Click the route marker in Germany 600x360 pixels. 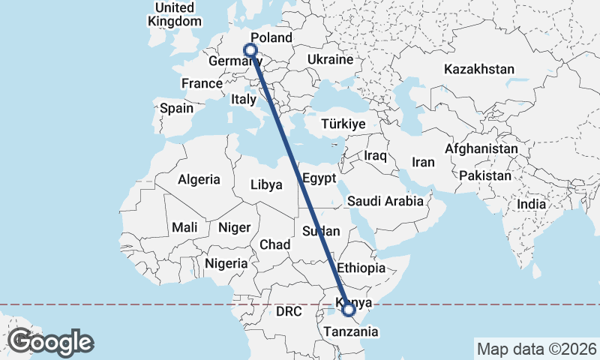tap(250, 51)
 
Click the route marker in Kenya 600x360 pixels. tap(349, 308)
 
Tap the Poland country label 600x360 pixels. tap(271, 38)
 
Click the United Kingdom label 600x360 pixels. tap(175, 14)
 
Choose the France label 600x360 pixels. tap(202, 83)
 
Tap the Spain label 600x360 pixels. tap(176, 108)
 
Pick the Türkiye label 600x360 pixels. tap(343, 124)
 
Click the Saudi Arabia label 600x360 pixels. tap(385, 201)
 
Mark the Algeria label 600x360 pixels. tap(199, 179)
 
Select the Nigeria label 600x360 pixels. tap(226, 263)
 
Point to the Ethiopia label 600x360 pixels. tap(361, 268)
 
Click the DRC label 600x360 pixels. tap(288, 310)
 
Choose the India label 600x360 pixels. tap(532, 204)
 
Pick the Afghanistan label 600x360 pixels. tap(481, 149)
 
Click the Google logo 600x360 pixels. tap(51, 342)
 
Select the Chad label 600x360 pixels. tap(274, 244)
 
